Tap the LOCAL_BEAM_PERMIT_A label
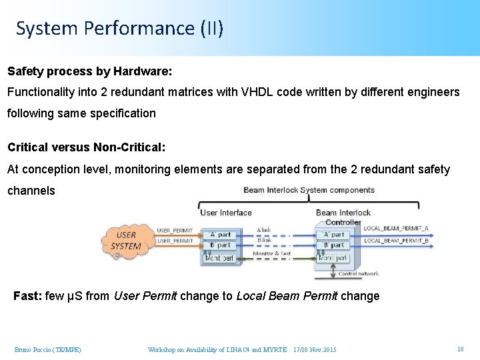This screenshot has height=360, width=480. pyautogui.click(x=395, y=229)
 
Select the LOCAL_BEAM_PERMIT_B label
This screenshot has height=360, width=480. pyautogui.click(x=395, y=240)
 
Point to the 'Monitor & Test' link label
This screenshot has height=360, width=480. pyautogui.click(x=272, y=253)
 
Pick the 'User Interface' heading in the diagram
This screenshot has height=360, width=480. pyautogui.click(x=226, y=213)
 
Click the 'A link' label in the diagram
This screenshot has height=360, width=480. pyautogui.click(x=264, y=231)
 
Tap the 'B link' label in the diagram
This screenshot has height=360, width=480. pyautogui.click(x=264, y=241)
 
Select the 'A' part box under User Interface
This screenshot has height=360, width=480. pyautogui.click(x=220, y=235)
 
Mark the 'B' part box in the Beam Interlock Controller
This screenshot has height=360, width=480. pyautogui.click(x=333, y=245)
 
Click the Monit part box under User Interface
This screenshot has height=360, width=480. pyautogui.click(x=220, y=258)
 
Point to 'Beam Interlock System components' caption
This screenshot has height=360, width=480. pyautogui.click(x=309, y=190)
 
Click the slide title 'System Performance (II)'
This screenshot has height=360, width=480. pyautogui.click(x=119, y=28)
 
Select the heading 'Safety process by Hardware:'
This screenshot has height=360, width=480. pyautogui.click(x=89, y=71)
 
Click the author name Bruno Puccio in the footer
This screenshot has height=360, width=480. pyautogui.click(x=47, y=349)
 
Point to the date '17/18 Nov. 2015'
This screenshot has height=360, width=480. pyautogui.click(x=315, y=349)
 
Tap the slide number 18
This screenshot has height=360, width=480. pyautogui.click(x=460, y=349)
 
